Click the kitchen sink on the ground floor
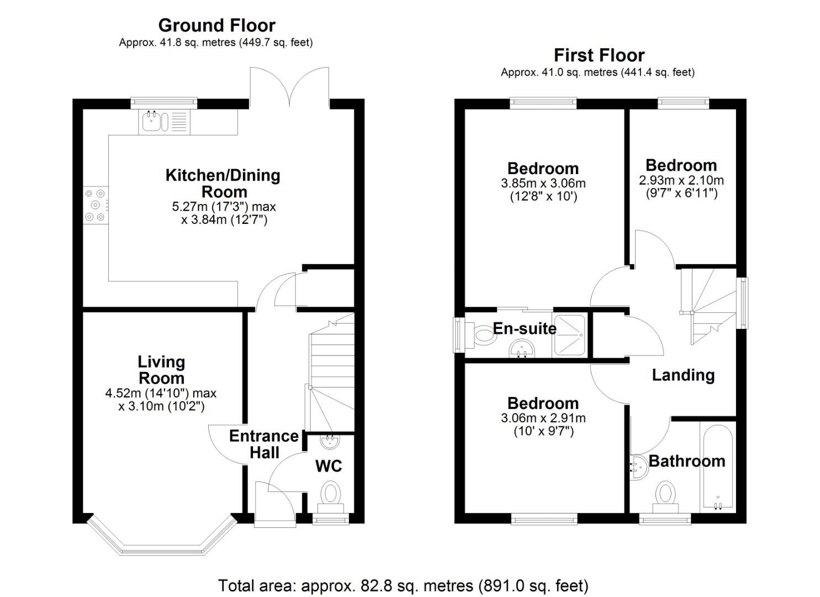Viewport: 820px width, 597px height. click(x=155, y=122)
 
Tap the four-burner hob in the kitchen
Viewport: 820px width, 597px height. click(x=95, y=206)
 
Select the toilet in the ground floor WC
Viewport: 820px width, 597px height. click(x=331, y=493)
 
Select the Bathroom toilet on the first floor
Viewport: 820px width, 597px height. click(x=665, y=493)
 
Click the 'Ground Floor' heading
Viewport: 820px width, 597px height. click(x=216, y=25)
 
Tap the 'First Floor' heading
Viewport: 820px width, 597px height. click(x=599, y=55)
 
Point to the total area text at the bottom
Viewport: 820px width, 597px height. click(x=403, y=585)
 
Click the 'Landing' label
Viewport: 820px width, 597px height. click(x=683, y=375)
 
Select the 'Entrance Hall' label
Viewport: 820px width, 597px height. click(x=264, y=444)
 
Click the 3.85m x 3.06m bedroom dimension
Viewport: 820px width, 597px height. click(x=543, y=183)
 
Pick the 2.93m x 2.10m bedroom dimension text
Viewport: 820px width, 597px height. click(x=681, y=180)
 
